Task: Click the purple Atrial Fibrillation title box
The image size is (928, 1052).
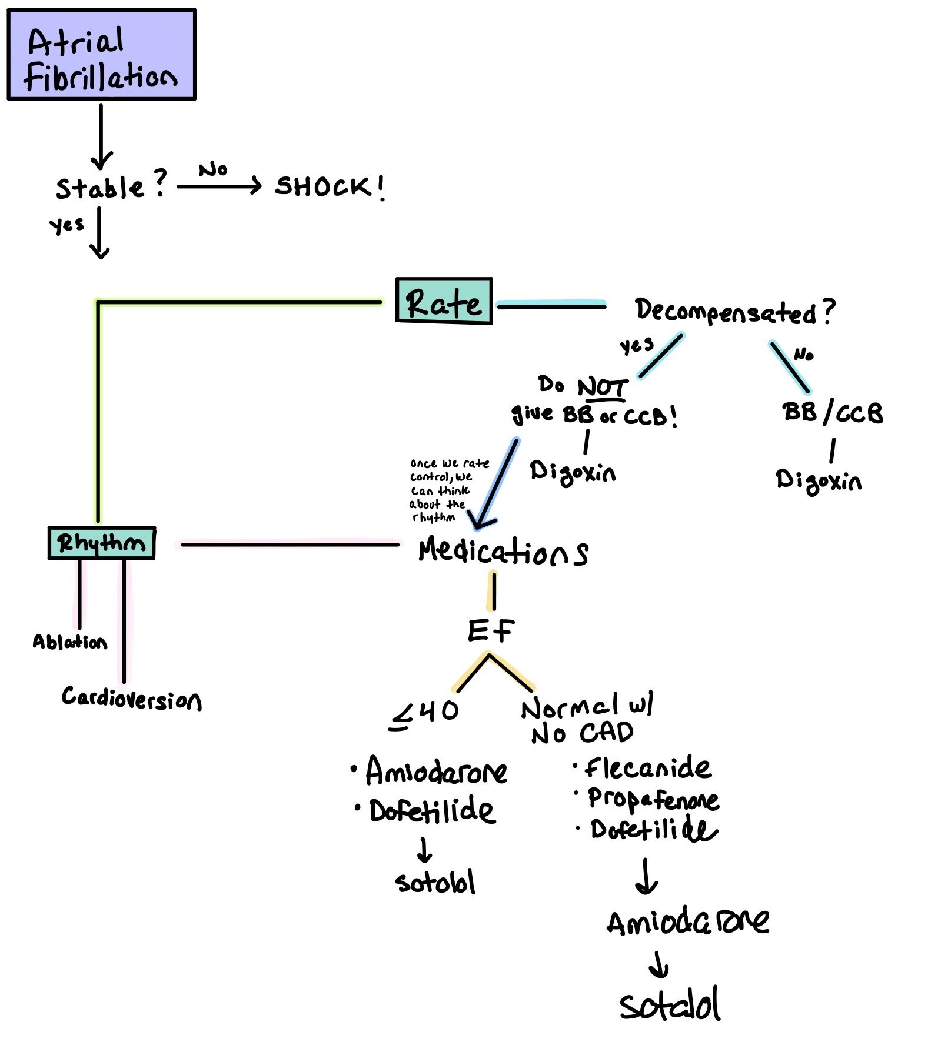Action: tap(101, 55)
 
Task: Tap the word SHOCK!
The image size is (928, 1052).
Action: tap(330, 187)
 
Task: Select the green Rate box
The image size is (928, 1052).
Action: tap(444, 301)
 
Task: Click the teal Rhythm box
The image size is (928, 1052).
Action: tap(101, 543)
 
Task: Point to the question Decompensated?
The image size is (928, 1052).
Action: tap(734, 311)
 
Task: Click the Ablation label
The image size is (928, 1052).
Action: tap(69, 642)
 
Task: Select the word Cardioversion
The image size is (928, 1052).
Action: tap(131, 698)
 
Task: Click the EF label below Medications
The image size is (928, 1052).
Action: tap(490, 631)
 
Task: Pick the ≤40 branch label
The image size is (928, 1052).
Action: tap(424, 713)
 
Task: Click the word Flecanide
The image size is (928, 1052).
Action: tap(647, 768)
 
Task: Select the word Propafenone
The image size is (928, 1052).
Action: tap(653, 799)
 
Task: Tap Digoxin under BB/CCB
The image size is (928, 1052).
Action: tap(818, 481)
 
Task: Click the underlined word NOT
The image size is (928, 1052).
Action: tap(602, 388)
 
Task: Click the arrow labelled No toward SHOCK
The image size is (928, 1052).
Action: tap(219, 186)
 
